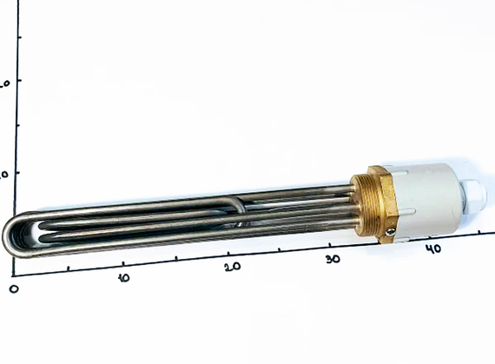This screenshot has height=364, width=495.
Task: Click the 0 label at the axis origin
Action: [x=13, y=287]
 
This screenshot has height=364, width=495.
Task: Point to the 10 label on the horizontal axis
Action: [x=123, y=277]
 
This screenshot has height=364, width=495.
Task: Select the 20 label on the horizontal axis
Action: [x=231, y=267]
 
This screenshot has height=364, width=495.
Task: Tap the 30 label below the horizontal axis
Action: [x=333, y=258]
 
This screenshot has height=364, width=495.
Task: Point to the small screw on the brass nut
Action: [x=392, y=230]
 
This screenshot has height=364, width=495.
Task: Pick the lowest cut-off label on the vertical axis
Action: [x=4, y=174]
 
